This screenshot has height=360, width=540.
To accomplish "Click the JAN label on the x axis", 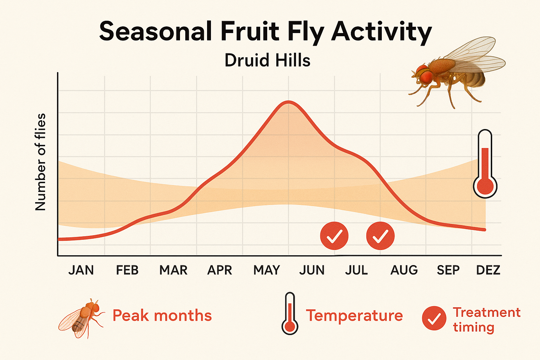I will click(81, 270).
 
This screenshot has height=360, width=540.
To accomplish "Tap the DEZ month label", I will click(488, 270).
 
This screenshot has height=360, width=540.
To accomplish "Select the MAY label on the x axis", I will click(266, 270).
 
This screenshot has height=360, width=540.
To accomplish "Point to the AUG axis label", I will click(404, 270).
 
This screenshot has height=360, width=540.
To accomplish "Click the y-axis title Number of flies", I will click(41, 162).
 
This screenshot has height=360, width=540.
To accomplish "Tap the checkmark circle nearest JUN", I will click(334, 236).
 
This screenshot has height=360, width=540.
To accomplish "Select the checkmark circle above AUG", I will click(380, 236).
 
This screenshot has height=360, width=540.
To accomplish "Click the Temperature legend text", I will click(354, 315).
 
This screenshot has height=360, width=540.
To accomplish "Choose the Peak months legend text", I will click(162, 315).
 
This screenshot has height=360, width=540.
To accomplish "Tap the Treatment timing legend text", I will click(486, 320).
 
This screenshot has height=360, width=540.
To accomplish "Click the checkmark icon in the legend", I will click(434, 318).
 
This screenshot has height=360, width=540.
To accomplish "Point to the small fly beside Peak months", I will click(82, 318).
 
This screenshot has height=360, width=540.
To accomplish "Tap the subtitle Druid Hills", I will click(267, 60).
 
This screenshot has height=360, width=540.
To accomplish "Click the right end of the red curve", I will click(485, 230).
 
